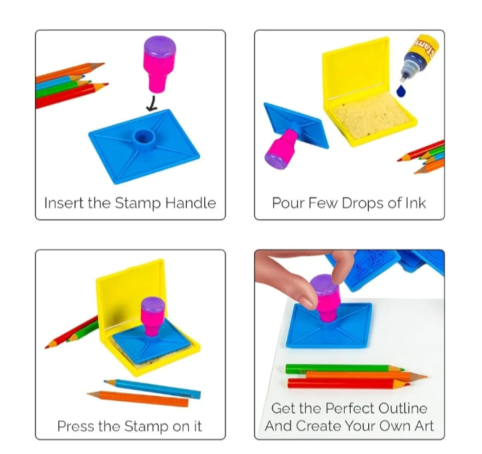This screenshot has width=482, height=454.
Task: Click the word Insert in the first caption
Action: [x=64, y=203]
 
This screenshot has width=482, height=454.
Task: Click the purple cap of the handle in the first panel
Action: [x=161, y=47]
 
